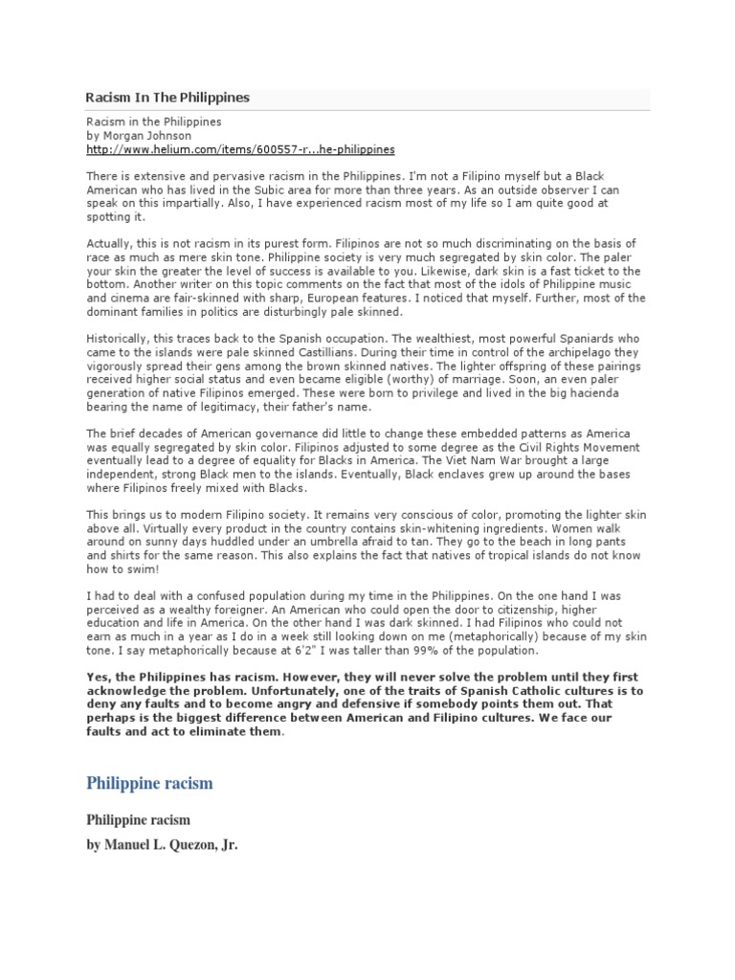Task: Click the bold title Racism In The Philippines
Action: coord(167,98)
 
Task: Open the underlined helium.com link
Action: coord(240,150)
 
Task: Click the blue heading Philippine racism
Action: coord(149,784)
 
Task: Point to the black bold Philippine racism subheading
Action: coord(139,820)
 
